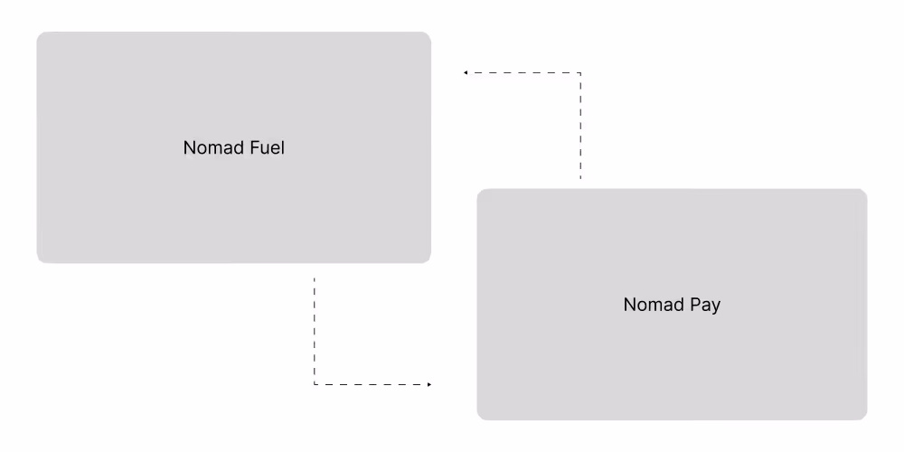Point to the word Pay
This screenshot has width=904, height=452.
tap(705, 306)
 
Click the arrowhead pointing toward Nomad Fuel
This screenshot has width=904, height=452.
tap(466, 72)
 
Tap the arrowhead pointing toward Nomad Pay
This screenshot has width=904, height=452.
tap(428, 384)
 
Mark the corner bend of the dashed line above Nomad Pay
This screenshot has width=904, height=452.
tap(579, 72)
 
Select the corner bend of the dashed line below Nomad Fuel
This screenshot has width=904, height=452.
tap(315, 384)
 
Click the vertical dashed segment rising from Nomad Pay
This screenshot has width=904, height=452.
tap(579, 127)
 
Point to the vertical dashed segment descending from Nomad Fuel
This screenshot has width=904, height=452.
tap(315, 330)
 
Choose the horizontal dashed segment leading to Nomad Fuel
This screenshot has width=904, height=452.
tap(523, 72)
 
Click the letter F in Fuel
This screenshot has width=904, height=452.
tap(249, 147)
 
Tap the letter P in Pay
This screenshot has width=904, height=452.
tap(694, 305)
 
